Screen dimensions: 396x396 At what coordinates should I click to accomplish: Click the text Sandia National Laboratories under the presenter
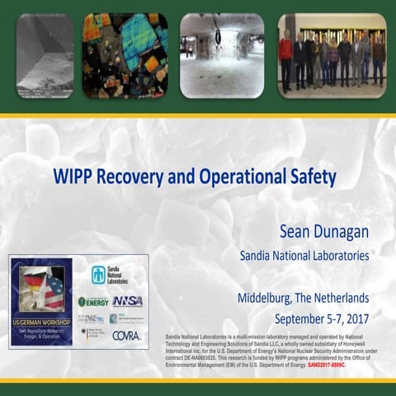click(304, 256)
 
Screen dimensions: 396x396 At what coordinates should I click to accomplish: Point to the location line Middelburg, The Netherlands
click(303, 298)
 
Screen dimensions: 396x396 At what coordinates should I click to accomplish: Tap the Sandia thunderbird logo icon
click(98, 275)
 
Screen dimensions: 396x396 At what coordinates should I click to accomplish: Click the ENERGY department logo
click(93, 301)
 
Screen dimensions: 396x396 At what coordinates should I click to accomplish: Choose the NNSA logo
click(127, 301)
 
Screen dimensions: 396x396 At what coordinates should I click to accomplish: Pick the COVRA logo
click(126, 335)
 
